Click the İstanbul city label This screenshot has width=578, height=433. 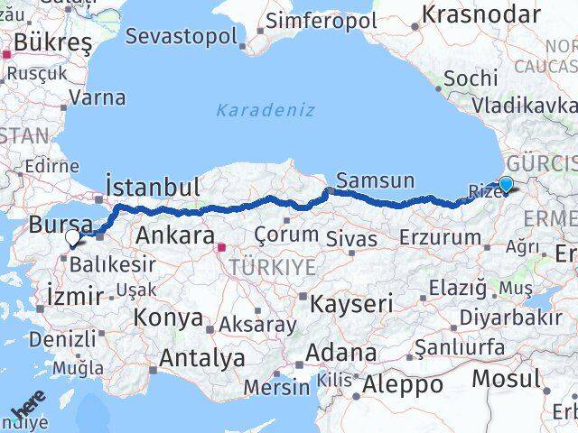click(153, 186)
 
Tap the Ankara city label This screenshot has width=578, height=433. click(174, 236)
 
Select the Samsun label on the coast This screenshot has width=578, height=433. click(374, 180)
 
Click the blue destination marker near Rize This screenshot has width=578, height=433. click(506, 185)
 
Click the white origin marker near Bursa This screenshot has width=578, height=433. click(73, 238)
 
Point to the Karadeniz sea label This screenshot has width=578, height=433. click(266, 110)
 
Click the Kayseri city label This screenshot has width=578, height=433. click(350, 303)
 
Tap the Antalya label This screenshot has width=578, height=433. click(201, 357)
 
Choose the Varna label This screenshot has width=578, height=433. click(97, 97)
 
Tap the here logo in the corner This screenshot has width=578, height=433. click(26, 412)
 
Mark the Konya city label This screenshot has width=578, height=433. click(168, 317)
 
